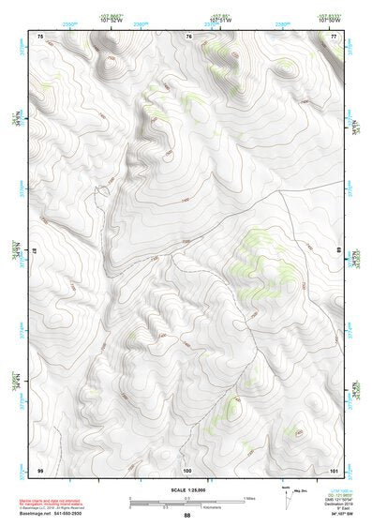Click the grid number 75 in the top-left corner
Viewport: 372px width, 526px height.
pyautogui.click(x=40, y=36)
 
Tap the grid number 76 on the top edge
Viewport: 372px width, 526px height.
pyautogui.click(x=188, y=36)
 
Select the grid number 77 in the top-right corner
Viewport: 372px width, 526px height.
pyautogui.click(x=334, y=36)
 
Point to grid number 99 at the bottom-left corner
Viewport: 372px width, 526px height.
pyautogui.click(x=40, y=469)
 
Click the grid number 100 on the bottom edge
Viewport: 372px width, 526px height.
pyautogui.click(x=187, y=469)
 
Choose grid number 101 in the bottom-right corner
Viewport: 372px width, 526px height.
pyautogui.click(x=334, y=469)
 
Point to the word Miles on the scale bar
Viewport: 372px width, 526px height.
pyautogui.click(x=249, y=498)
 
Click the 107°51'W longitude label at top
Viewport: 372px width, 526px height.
pyautogui.click(x=220, y=19)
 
